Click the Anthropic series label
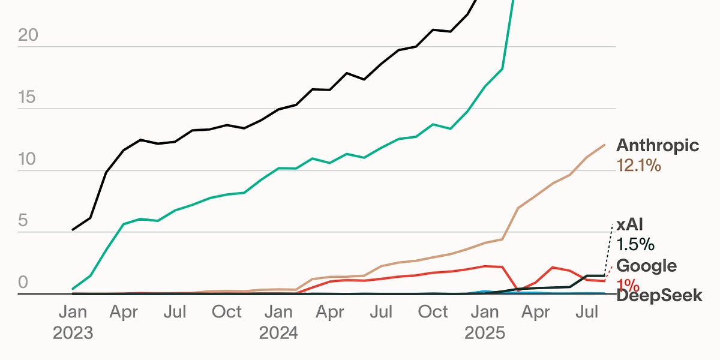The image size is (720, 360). pos(658,146)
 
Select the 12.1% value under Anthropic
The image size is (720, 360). pos(638,166)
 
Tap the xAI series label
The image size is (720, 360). pos(630,226)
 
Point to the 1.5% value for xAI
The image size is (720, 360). pos(635,245)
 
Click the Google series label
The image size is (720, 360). pos(646,266)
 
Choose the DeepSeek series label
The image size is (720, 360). pos(659,295)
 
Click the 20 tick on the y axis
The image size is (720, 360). pos(28,36)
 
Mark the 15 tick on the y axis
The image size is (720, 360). pos(28,98)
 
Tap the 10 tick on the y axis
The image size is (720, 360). pos(28,160)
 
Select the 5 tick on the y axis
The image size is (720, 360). pos(23,221)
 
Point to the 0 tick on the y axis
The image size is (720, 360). pos(23,283)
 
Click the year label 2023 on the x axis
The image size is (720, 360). pos(73,333)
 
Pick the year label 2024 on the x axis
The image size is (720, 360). pos(278,333)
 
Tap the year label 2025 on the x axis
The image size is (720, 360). pos(484,333)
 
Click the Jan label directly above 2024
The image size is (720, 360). pos(278,312)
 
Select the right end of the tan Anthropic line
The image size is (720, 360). pos(604,145)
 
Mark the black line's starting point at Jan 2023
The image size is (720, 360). pos(73,230)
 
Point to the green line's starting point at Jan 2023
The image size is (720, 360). pos(73,289)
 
